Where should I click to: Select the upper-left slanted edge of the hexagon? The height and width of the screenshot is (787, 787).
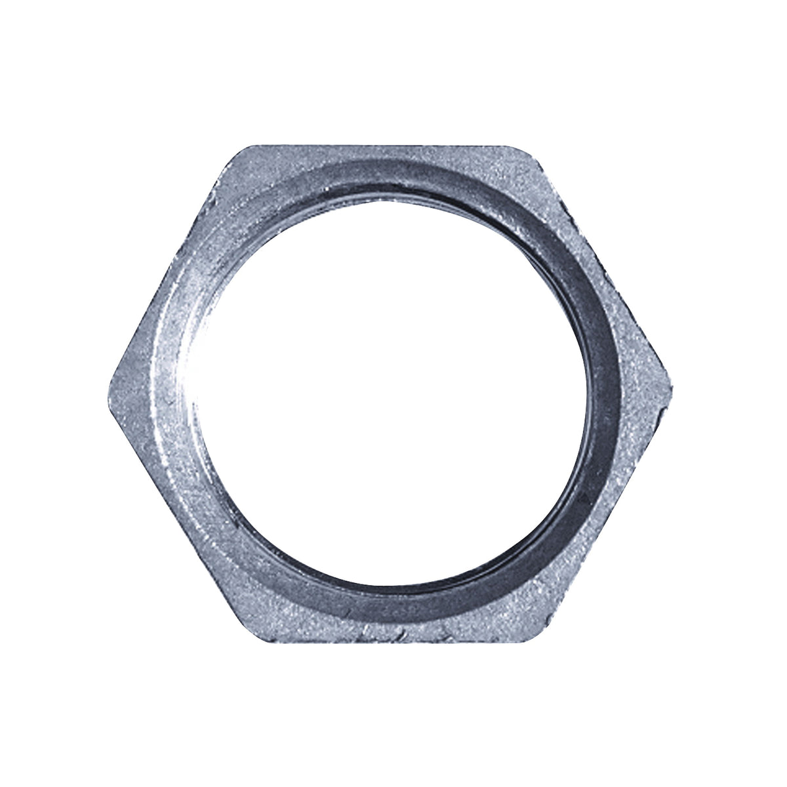pos(172,262)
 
